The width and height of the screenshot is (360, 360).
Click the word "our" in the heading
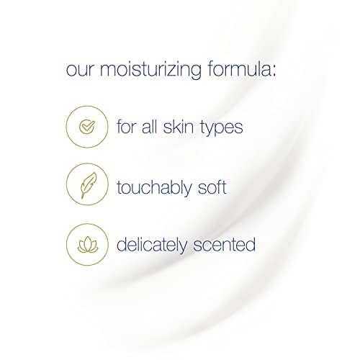click(81, 72)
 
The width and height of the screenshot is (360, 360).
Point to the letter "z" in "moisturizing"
click(175, 73)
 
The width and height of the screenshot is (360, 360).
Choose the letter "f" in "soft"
click(241, 186)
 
